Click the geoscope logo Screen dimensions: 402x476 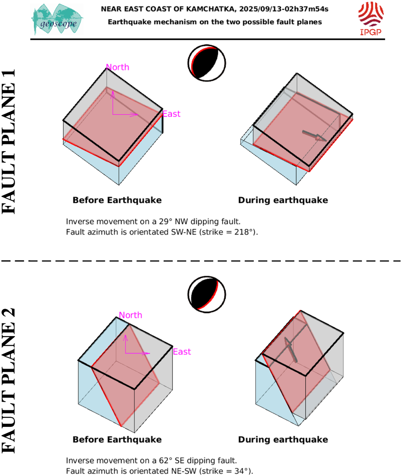click(x=57, y=20)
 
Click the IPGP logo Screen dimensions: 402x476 click(x=370, y=18)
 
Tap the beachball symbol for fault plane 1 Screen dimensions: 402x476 click(x=207, y=63)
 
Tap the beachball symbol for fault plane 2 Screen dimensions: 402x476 click(x=207, y=294)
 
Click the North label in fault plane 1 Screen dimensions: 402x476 click(x=118, y=67)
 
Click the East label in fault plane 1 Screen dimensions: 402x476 click(x=171, y=114)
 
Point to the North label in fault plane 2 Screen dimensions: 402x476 click(x=131, y=315)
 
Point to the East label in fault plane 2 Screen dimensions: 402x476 click(x=182, y=352)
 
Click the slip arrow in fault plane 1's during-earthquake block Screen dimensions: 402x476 click(x=315, y=136)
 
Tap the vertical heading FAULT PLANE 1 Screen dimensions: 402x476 click(x=8, y=142)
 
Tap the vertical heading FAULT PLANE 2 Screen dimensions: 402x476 click(x=8, y=381)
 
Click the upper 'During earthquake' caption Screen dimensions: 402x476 click(x=283, y=200)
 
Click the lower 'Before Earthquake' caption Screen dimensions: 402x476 click(x=117, y=440)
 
